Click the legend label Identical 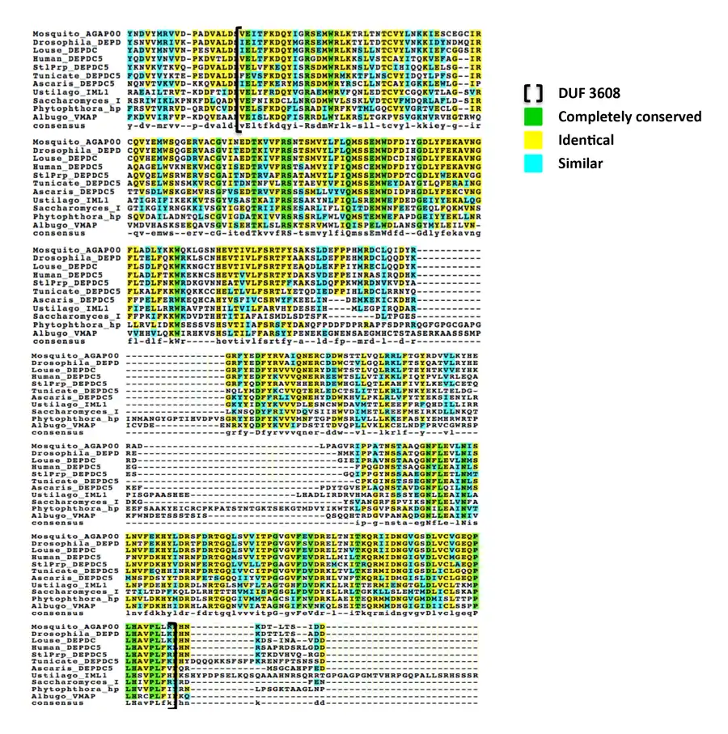[586, 140]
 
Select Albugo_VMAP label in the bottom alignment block [57, 696]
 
